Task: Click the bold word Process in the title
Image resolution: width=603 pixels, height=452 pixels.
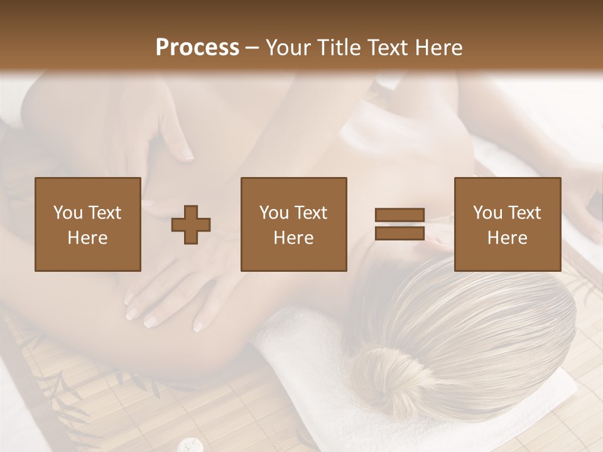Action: tap(197, 48)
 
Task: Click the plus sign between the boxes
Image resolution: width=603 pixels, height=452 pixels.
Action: tap(191, 225)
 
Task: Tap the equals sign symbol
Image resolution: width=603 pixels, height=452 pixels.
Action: tap(399, 224)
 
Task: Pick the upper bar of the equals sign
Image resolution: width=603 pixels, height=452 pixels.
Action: tap(399, 215)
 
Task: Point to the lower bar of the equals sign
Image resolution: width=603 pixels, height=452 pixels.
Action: tap(399, 233)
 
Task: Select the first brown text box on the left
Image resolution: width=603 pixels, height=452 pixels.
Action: tap(87, 225)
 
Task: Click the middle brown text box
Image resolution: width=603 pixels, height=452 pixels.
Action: tap(293, 225)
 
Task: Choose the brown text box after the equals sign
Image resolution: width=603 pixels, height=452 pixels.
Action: tap(507, 225)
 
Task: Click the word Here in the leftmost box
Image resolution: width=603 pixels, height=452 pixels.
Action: tap(87, 238)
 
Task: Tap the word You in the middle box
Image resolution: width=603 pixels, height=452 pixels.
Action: tap(274, 213)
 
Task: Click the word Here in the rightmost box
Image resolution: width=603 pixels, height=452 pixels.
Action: tap(507, 238)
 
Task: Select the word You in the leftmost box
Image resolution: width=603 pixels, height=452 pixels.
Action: tap(68, 213)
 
